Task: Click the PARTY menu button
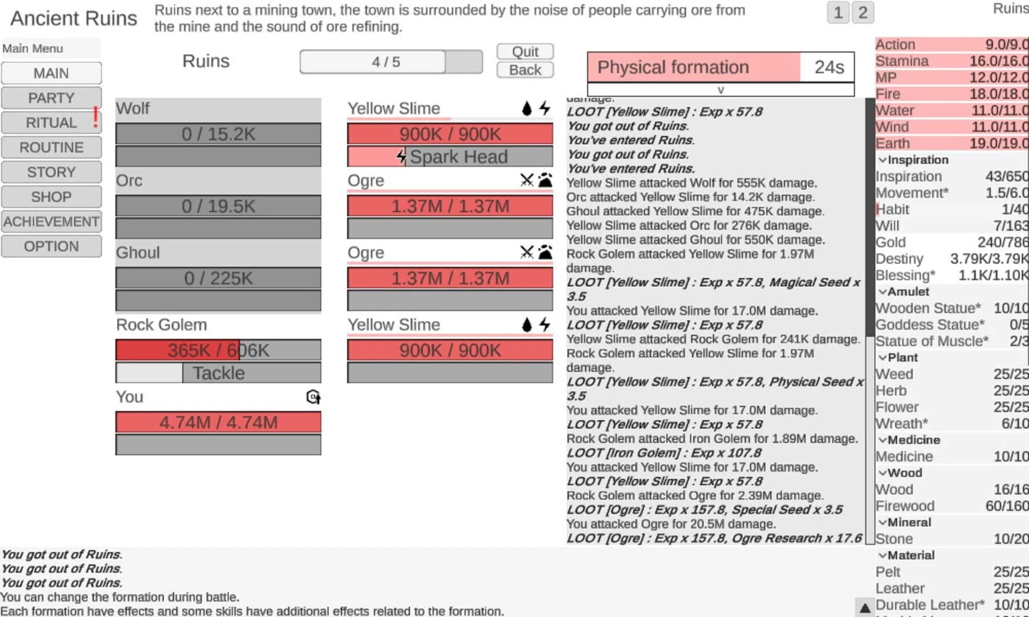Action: click(51, 98)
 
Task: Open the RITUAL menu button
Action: click(51, 123)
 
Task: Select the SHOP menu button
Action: click(51, 197)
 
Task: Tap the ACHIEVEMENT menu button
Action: click(51, 222)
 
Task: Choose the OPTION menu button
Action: click(51, 246)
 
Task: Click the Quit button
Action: click(524, 51)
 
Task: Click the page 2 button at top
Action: click(863, 13)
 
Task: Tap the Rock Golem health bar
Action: click(218, 350)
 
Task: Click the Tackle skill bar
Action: click(218, 373)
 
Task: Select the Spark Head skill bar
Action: click(450, 157)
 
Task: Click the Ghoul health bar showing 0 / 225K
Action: click(218, 278)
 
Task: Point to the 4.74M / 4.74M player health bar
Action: click(218, 422)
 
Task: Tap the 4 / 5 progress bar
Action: click(391, 62)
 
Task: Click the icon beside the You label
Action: click(313, 397)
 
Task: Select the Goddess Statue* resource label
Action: click(930, 324)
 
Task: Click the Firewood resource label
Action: click(905, 506)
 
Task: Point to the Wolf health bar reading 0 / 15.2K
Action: click(218, 134)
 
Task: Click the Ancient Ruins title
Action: click(74, 18)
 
